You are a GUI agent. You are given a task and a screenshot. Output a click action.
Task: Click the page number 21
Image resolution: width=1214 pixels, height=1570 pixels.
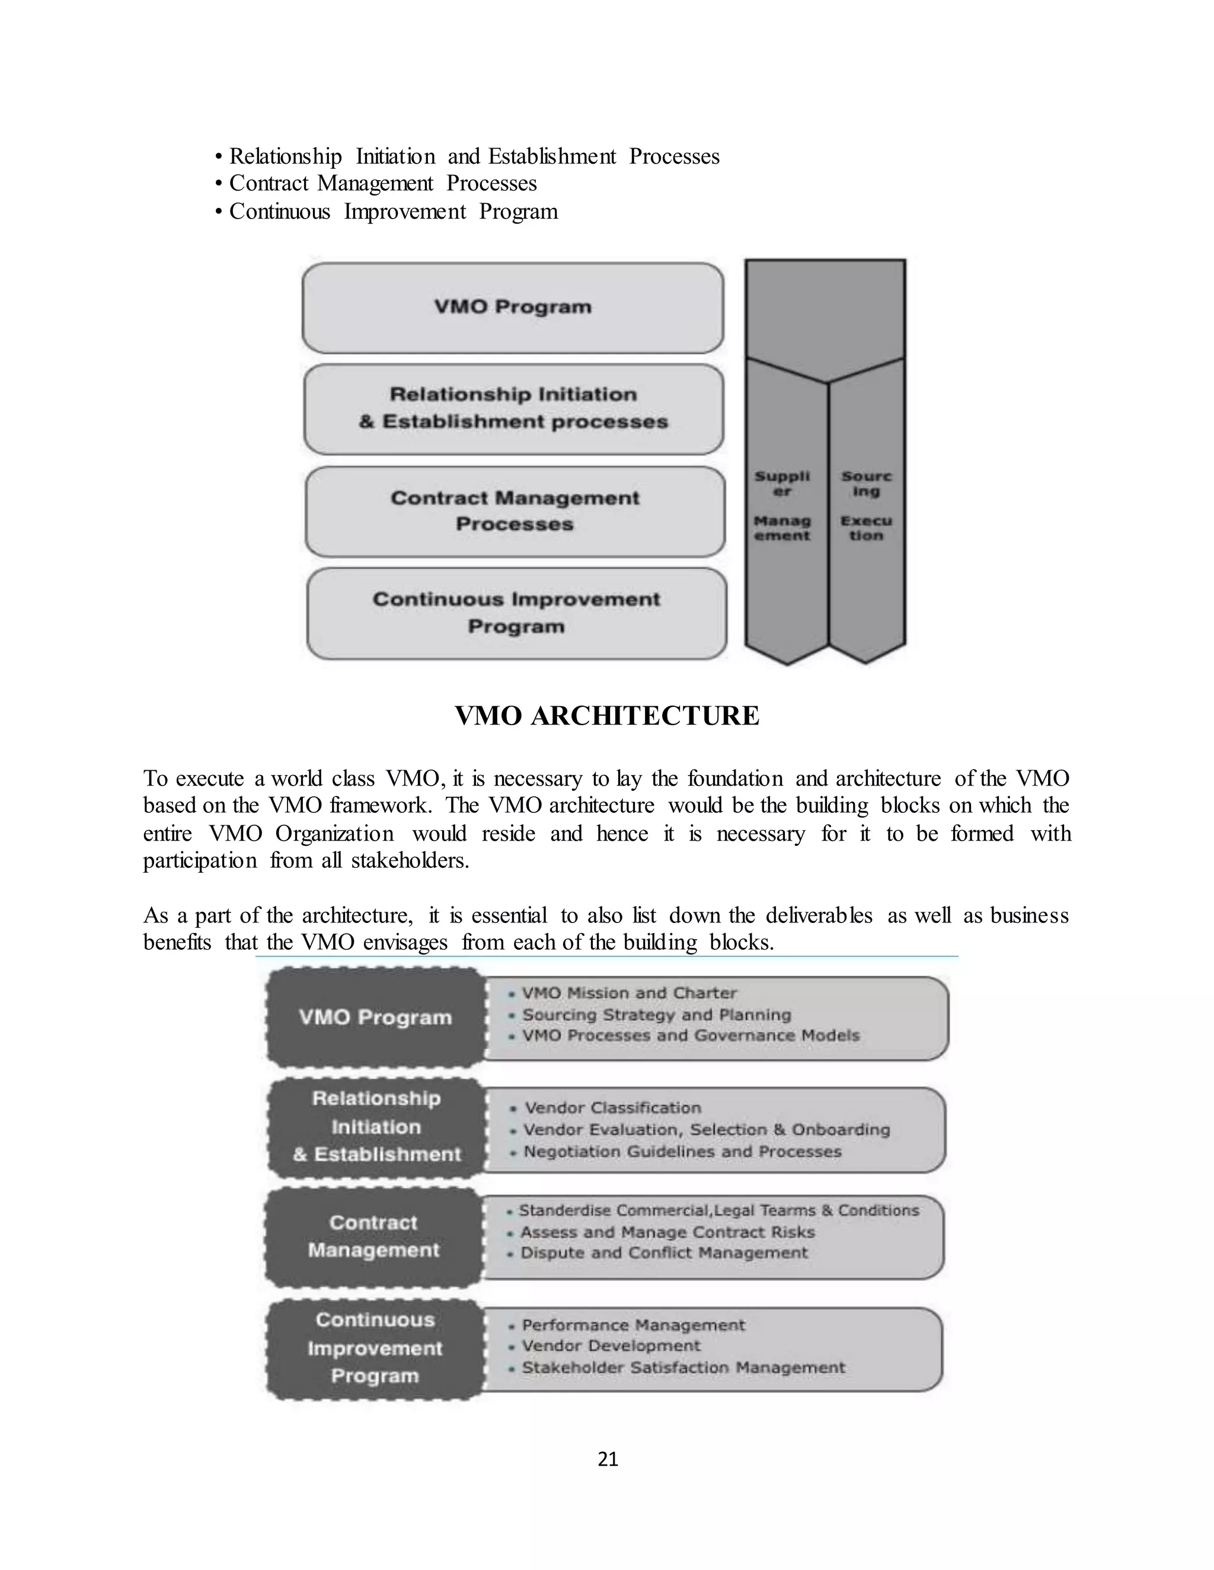point(608,1459)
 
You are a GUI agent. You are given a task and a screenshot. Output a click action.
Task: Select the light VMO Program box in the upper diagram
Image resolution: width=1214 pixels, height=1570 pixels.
point(513,307)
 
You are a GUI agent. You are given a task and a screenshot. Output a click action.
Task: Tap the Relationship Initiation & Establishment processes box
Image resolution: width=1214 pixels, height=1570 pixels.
point(513,408)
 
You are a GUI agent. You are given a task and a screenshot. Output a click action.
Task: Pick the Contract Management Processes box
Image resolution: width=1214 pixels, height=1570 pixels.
point(515,511)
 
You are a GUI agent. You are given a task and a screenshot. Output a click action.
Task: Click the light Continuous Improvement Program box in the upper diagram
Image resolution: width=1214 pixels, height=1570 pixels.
point(516,613)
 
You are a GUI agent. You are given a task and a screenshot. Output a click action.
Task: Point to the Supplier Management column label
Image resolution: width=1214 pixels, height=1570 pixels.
point(782,505)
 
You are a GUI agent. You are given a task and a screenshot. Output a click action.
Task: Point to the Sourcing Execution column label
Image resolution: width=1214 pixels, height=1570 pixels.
point(866,505)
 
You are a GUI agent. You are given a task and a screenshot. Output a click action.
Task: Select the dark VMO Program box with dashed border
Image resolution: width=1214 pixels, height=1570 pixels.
point(375,1017)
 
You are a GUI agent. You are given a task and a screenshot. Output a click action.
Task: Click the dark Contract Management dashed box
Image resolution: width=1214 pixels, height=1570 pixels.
point(373,1236)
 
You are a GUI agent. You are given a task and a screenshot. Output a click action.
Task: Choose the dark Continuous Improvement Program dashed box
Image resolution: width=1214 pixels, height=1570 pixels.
point(375,1348)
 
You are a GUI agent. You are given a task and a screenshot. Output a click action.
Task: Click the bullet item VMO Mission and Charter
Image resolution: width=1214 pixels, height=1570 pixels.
point(628,994)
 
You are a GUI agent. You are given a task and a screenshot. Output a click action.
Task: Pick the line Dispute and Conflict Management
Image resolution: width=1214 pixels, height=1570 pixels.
point(664,1253)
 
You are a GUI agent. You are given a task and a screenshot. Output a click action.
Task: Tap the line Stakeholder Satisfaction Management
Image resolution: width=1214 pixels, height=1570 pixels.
point(683,1368)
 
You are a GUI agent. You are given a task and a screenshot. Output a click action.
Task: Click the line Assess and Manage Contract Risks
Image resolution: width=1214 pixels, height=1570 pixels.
point(667,1232)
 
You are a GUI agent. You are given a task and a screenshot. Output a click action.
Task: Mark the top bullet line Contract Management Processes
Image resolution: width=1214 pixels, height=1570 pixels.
point(382,183)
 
